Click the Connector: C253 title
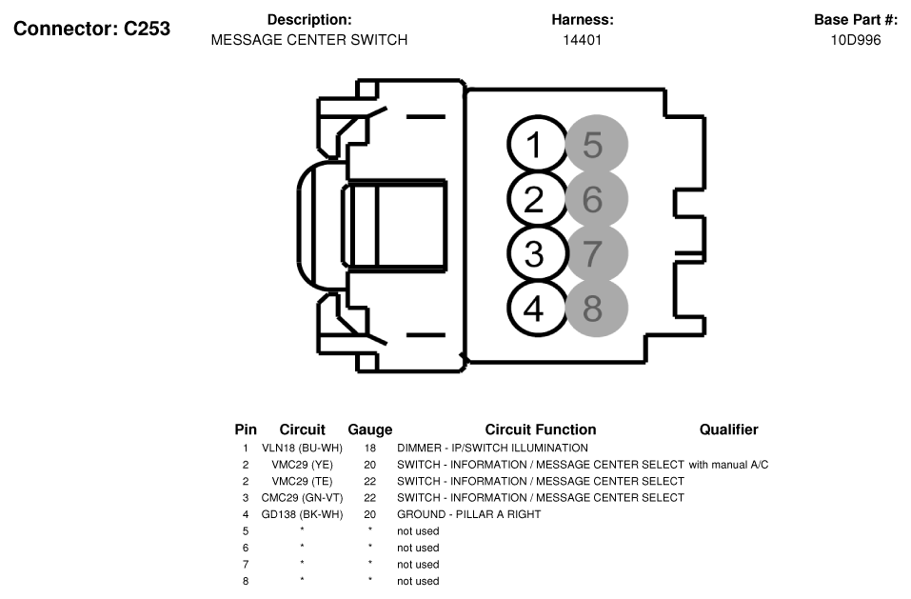91,29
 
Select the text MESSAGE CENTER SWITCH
309,40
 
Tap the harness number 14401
583,40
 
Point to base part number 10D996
856,40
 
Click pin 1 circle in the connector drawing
536,145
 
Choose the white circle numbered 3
536,254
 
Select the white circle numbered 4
536,309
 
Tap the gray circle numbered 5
597,145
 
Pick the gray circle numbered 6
597,199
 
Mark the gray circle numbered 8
597,309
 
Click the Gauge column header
370,429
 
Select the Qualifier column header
728,429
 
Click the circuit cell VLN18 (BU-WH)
302,448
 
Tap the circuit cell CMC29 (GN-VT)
302,498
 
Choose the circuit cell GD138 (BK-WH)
302,515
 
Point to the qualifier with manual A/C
728,465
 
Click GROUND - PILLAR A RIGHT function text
469,515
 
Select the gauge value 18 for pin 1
370,448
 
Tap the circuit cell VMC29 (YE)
302,465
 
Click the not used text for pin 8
418,581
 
